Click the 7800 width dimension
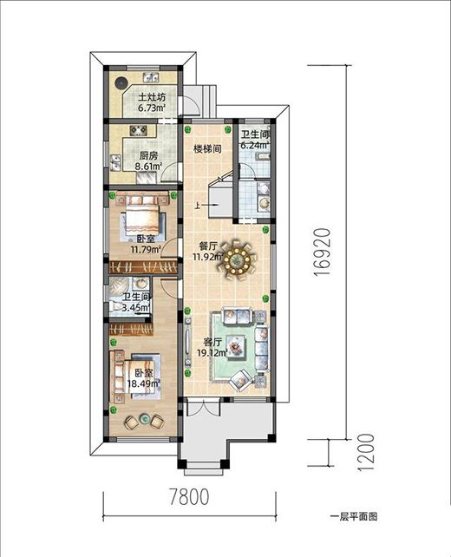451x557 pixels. [189, 496]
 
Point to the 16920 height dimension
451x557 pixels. [323, 252]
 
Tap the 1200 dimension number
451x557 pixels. [365, 452]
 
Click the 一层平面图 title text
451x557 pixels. [354, 516]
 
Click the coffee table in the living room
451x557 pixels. [235, 346]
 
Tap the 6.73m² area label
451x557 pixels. [152, 108]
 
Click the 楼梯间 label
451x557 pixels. [207, 148]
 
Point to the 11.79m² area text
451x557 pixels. [146, 249]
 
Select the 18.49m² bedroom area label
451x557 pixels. [143, 383]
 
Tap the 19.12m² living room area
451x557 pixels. [212, 353]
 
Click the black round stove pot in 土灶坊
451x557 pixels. [121, 82]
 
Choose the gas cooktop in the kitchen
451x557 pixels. [139, 130]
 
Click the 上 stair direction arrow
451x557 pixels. [206, 205]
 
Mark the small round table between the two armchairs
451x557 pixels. [145, 419]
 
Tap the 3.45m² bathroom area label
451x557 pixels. [136, 308]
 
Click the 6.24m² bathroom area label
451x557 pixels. [254, 145]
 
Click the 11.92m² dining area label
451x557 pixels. [208, 257]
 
